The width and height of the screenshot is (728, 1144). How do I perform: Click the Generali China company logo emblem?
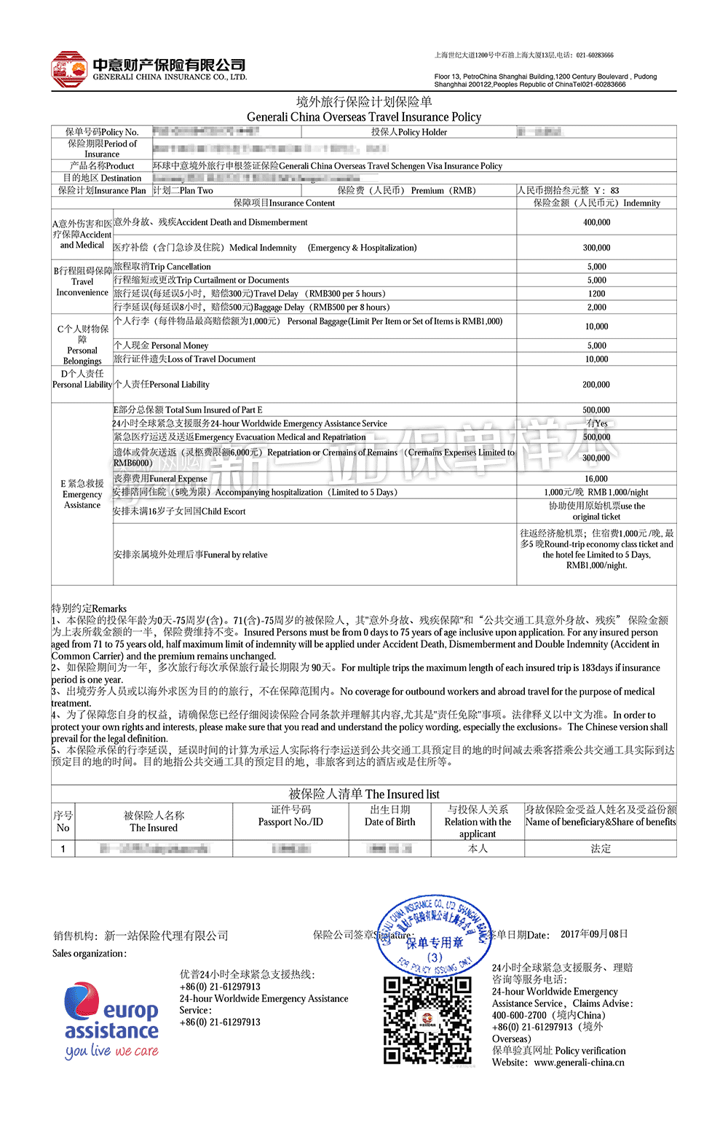(69, 70)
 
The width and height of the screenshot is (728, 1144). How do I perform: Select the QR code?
(427, 1019)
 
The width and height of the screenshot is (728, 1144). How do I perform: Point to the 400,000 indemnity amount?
(596, 222)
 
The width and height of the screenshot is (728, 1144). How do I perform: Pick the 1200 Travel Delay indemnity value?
(596, 294)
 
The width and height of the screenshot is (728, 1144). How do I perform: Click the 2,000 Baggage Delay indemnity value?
(596, 307)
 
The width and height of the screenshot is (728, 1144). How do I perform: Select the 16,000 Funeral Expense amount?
(596, 479)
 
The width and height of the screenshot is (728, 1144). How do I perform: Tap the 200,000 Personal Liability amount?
(596, 385)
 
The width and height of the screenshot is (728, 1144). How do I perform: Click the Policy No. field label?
(102, 132)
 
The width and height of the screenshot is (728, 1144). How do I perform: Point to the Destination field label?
(102, 178)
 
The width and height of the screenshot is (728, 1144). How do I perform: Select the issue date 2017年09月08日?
(594, 934)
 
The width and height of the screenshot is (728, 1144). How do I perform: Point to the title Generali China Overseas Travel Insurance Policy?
(364, 117)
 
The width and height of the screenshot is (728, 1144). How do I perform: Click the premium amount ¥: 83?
(606, 190)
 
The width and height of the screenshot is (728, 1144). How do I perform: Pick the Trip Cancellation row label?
(162, 267)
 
